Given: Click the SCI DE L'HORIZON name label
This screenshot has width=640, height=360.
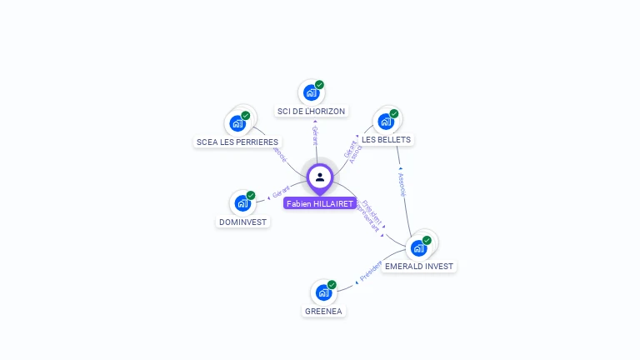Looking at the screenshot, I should pos(311,111).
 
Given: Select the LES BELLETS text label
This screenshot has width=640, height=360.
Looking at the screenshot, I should pos(386,139).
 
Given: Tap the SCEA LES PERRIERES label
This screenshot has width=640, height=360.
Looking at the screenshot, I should pos(237,142).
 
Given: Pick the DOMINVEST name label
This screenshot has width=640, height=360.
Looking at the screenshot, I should pos(242,222).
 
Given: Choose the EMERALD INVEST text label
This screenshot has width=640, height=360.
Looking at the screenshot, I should pos(419,267).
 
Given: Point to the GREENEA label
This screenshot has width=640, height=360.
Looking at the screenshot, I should pos(322,311).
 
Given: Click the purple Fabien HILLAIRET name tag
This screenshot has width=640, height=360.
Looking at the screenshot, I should pos(319,203).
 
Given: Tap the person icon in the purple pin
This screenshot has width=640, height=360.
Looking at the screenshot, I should pos(320,177).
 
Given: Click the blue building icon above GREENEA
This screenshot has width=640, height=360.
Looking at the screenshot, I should pos(322,292).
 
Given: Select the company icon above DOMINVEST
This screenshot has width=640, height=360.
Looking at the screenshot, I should pos(242,202).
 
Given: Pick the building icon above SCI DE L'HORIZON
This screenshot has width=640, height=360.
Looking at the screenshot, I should pos(311,92).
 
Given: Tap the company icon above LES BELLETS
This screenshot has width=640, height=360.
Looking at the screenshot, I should pos(385,121).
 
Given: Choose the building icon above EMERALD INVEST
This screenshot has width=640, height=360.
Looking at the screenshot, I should pos(418,247).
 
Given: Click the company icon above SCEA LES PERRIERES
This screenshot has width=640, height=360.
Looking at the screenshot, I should pos(237,123).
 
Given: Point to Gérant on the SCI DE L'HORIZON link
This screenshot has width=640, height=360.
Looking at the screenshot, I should pos(314,135).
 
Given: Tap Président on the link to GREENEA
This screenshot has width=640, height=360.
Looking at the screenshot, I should pos(370,272).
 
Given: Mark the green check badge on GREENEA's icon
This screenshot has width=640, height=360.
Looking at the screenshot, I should pos(332,285).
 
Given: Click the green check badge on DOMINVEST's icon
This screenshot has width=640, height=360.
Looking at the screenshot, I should pos(251,195).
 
